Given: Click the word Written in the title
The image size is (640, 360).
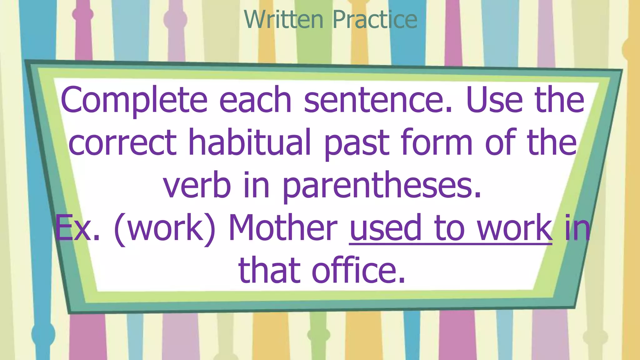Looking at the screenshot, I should tap(283, 19).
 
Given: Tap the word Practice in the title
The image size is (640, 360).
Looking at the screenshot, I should tap(375, 19).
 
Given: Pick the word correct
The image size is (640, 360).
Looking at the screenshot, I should tap(122, 143).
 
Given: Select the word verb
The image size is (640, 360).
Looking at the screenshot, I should tap(197, 186).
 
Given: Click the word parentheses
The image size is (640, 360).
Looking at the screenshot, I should tap(382, 186).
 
